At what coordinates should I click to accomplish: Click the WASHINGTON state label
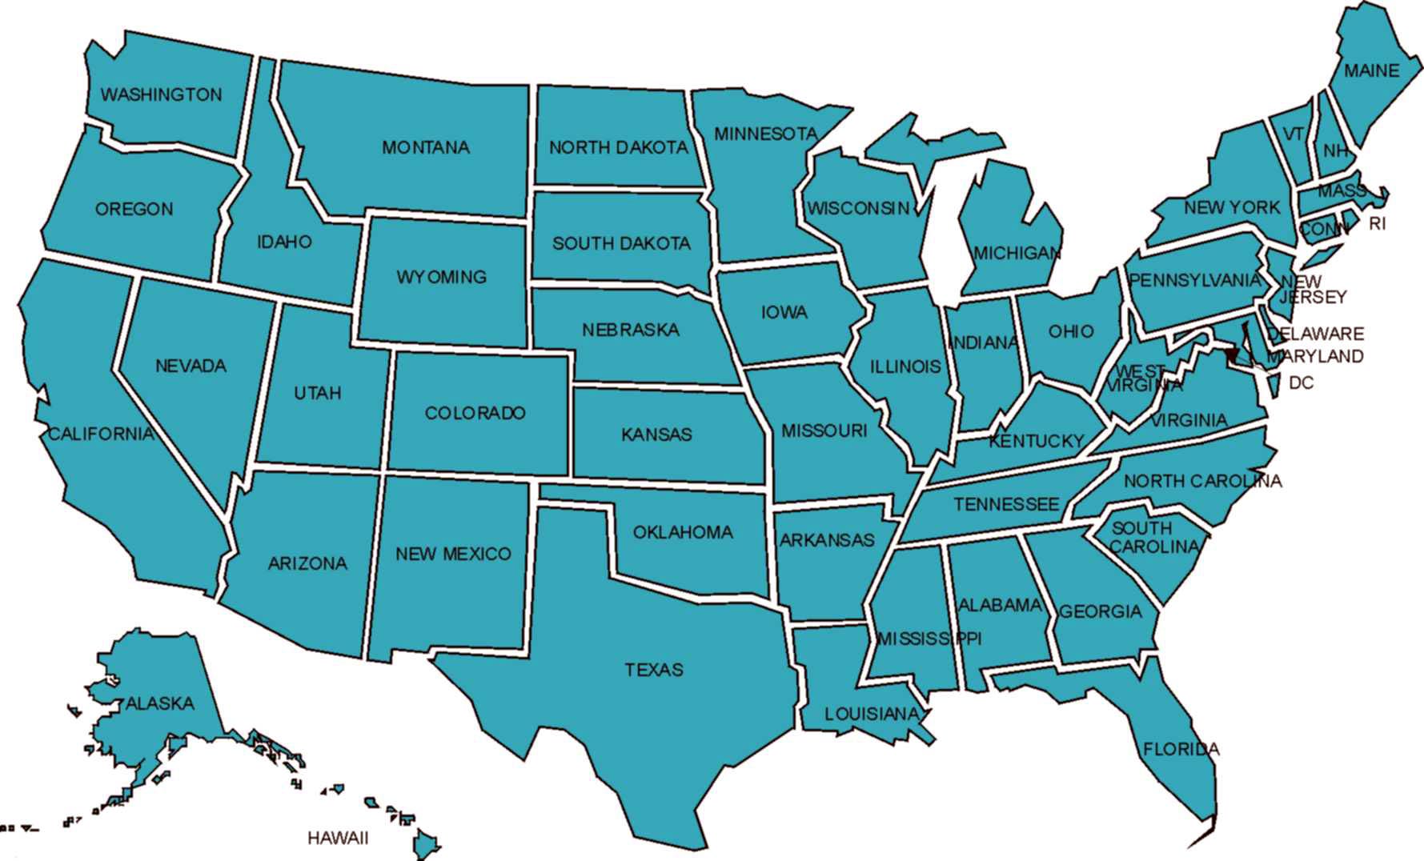click(161, 94)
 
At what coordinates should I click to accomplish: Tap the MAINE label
click(1371, 70)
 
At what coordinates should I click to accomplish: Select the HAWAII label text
click(338, 838)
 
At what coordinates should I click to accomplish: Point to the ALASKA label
click(160, 703)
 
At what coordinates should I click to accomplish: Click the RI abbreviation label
click(1377, 224)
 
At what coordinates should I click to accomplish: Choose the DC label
click(1301, 383)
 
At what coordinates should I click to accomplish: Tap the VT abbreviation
click(1294, 134)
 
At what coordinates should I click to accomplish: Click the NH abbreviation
click(1335, 150)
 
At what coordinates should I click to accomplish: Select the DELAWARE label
click(1316, 334)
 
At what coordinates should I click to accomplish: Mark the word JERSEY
click(1314, 297)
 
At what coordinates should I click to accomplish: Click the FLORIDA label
click(1181, 750)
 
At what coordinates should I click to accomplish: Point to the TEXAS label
click(654, 670)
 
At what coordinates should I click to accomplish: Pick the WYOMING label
click(441, 277)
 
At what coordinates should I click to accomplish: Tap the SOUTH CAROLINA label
click(1153, 538)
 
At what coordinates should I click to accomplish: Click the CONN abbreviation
click(1323, 230)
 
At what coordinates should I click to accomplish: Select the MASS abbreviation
click(1342, 191)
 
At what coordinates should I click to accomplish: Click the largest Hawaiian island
click(425, 843)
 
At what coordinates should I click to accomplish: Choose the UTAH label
click(318, 393)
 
